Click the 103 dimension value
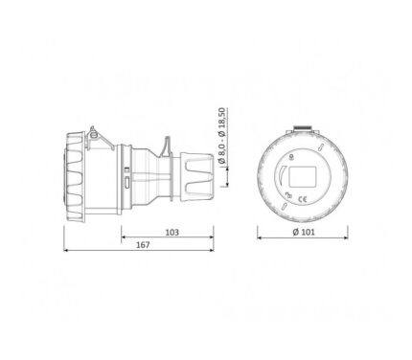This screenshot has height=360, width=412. click(172, 233)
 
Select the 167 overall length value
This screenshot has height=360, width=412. click(143, 245)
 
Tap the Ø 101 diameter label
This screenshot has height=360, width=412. click(304, 232)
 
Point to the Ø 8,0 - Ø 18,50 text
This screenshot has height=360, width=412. click(221, 136)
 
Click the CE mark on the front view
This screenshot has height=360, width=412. click(302, 200)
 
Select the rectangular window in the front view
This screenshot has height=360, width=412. click(303, 176)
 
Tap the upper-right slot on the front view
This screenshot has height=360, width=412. click(320, 147)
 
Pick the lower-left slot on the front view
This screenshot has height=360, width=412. click(284, 206)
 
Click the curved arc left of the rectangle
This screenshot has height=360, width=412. click(280, 175)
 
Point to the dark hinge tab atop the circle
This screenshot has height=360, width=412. click(303, 127)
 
